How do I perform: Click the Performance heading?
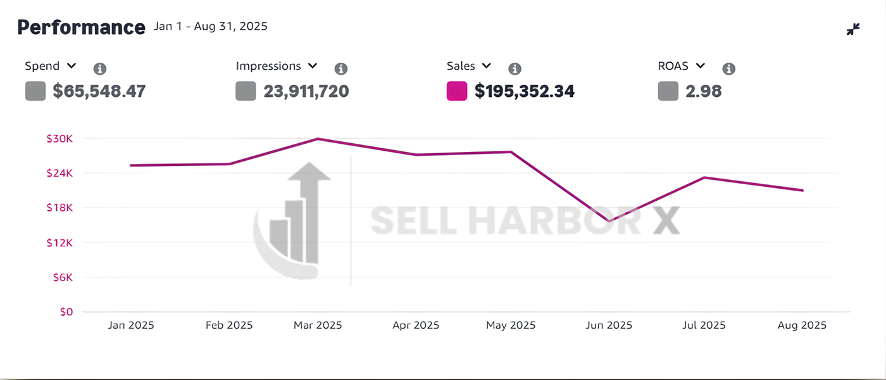click(x=81, y=27)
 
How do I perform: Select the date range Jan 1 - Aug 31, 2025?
click(x=211, y=27)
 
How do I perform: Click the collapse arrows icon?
click(x=853, y=29)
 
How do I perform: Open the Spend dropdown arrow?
click(x=72, y=66)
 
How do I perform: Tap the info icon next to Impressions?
click(x=341, y=69)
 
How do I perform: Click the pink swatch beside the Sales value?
click(x=457, y=91)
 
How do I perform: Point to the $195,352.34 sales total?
click(x=525, y=91)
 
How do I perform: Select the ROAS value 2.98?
click(x=704, y=91)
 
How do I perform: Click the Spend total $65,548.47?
click(x=99, y=91)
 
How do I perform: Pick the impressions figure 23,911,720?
click(x=306, y=91)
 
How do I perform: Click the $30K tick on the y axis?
click(x=59, y=139)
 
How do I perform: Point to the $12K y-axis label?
click(x=59, y=243)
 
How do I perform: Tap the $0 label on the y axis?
click(x=66, y=312)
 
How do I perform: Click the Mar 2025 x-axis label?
click(x=318, y=326)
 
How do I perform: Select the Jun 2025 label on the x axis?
click(x=608, y=326)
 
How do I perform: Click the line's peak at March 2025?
click(x=318, y=139)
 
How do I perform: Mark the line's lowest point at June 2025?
click(x=609, y=221)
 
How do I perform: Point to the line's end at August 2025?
click(x=802, y=190)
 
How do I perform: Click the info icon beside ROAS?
click(x=729, y=69)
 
